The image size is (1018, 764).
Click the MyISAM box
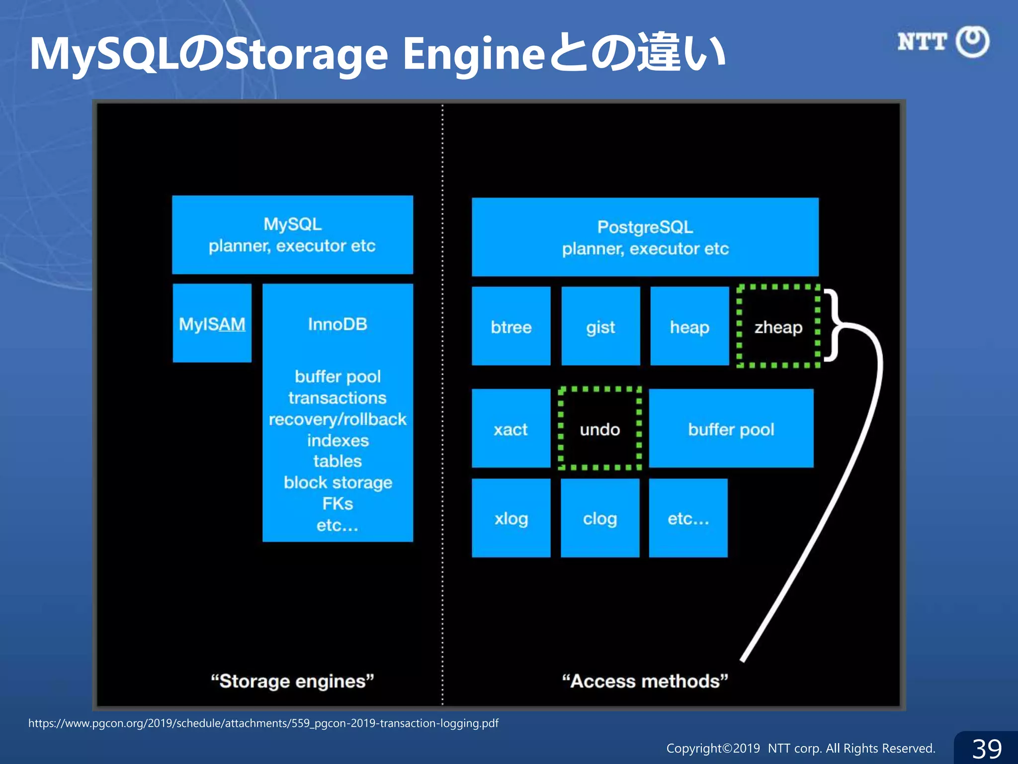click(212, 323)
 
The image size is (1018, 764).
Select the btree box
click(511, 326)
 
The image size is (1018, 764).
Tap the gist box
click(600, 326)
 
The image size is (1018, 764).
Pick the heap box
click(689, 326)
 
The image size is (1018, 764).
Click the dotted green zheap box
click(778, 326)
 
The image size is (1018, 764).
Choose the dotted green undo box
click(600, 429)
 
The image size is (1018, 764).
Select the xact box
click(511, 429)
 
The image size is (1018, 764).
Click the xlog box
click(511, 518)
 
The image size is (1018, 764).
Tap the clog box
click(600, 518)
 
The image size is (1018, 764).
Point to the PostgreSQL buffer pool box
click(731, 429)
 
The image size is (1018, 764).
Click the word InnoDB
click(338, 324)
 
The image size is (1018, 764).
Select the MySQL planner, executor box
click(292, 235)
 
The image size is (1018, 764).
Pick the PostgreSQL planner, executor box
click(645, 237)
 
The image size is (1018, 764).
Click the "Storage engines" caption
click(292, 681)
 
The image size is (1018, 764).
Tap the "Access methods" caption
click(645, 681)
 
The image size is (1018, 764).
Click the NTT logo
click(943, 42)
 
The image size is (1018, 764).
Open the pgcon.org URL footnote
click(263, 723)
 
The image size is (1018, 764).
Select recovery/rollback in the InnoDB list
click(338, 419)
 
